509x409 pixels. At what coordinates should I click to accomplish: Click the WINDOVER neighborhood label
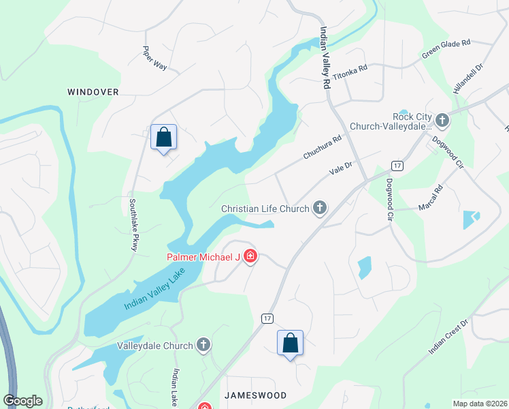[93, 91]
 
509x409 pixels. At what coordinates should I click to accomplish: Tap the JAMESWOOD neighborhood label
[252, 395]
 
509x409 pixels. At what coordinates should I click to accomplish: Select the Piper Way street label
[154, 59]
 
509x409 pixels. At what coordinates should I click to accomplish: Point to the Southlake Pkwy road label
[133, 225]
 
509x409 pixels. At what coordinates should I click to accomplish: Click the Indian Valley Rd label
[325, 59]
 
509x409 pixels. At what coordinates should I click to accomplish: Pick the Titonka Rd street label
[350, 73]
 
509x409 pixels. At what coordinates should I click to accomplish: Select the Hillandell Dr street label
[467, 78]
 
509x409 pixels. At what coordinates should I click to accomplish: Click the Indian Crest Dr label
[449, 337]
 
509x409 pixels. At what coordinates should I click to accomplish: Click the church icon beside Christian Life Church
[318, 209]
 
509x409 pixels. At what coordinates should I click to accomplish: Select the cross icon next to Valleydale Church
[203, 346]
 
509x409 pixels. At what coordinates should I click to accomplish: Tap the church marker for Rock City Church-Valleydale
[442, 121]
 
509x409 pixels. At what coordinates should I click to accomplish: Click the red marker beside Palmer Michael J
[250, 257]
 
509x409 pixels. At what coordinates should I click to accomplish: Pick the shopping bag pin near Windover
[163, 138]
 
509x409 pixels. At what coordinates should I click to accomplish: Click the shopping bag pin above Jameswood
[290, 343]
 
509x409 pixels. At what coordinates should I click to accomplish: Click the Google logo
[23, 401]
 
